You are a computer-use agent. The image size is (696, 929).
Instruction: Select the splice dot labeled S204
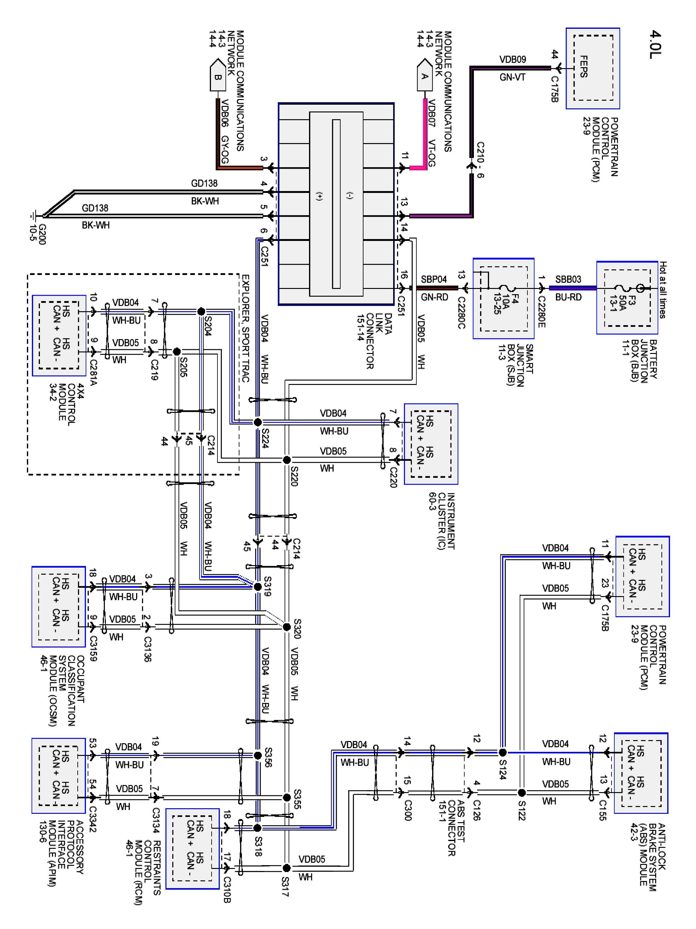[201, 312]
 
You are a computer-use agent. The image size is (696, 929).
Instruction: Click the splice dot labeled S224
[258, 422]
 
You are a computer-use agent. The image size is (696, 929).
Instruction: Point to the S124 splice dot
[502, 752]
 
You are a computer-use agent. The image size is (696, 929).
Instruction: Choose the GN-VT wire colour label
[512, 77]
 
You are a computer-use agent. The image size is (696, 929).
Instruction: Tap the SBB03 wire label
[568, 279]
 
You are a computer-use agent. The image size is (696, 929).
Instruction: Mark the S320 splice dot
[286, 627]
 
